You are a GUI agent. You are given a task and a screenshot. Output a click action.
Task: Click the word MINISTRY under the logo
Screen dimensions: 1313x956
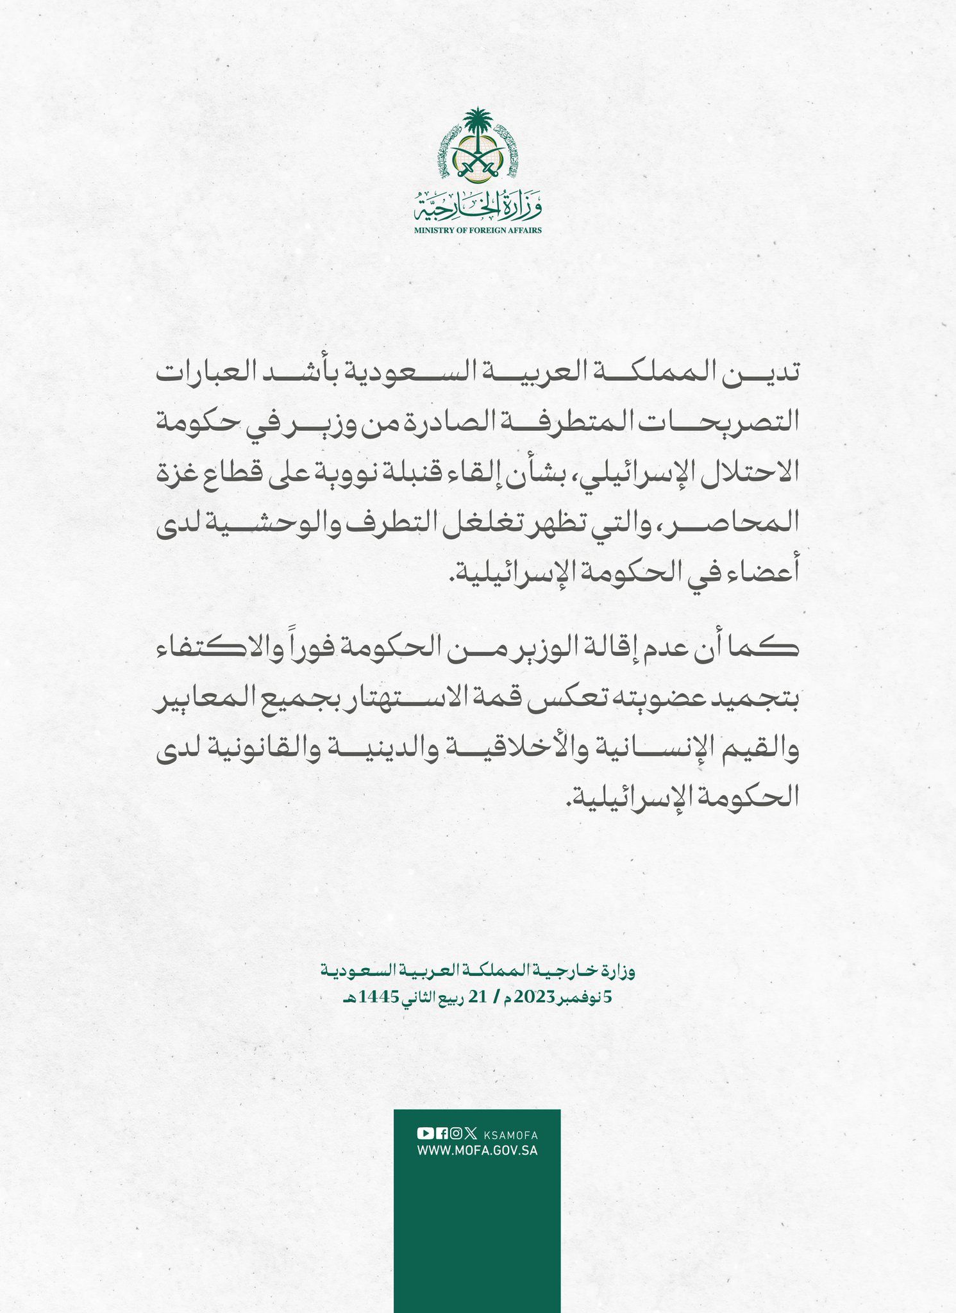click(433, 230)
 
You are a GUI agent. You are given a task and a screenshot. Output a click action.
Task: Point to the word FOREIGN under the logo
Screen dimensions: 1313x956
click(487, 230)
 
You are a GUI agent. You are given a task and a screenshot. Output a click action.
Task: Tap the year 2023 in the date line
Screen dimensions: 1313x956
click(527, 999)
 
